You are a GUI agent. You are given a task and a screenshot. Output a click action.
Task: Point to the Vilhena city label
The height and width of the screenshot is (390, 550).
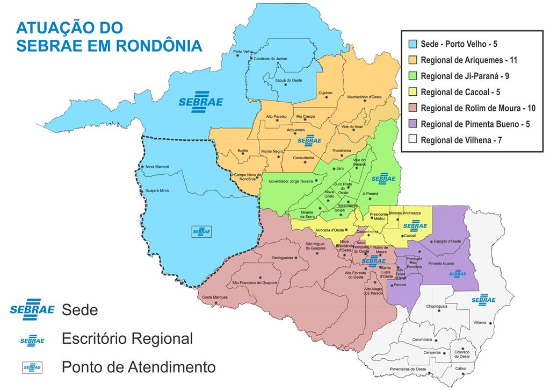[480, 323]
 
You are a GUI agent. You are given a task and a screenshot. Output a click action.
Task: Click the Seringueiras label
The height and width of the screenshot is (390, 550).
[282, 258]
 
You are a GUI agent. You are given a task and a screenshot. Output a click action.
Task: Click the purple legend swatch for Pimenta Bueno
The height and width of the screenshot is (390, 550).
[412, 124]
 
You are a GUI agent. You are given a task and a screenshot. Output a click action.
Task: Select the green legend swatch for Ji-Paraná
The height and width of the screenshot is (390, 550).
[412, 76]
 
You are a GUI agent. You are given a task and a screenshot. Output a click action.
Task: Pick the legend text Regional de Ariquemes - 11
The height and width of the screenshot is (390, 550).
[469, 60]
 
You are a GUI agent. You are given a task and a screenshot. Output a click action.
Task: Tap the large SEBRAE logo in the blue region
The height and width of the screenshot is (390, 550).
[200, 102]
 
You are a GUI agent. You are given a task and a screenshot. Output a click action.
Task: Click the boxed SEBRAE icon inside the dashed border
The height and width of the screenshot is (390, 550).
[202, 232]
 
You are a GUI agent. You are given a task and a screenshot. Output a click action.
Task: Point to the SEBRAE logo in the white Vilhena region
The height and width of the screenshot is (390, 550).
[483, 299]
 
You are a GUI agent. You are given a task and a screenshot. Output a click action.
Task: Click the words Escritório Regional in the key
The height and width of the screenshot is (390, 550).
[127, 339]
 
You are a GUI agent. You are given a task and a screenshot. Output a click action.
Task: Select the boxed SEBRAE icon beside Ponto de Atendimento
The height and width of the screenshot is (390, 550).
[32, 368]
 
